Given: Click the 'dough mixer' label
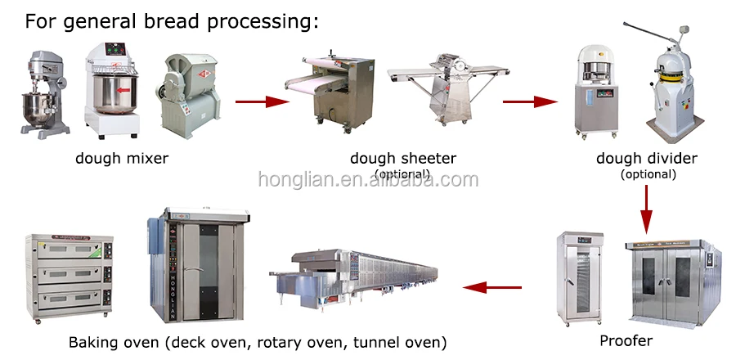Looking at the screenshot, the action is click(121, 158).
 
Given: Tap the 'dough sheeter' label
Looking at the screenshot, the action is click(403, 158).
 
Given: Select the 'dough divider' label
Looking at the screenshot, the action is click(647, 158).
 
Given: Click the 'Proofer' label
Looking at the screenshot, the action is click(626, 340).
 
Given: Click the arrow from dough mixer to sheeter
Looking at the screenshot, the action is click(263, 101).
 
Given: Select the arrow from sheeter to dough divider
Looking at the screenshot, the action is click(529, 101).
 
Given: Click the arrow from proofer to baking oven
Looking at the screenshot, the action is click(492, 287).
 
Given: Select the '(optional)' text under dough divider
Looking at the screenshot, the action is click(648, 173).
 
